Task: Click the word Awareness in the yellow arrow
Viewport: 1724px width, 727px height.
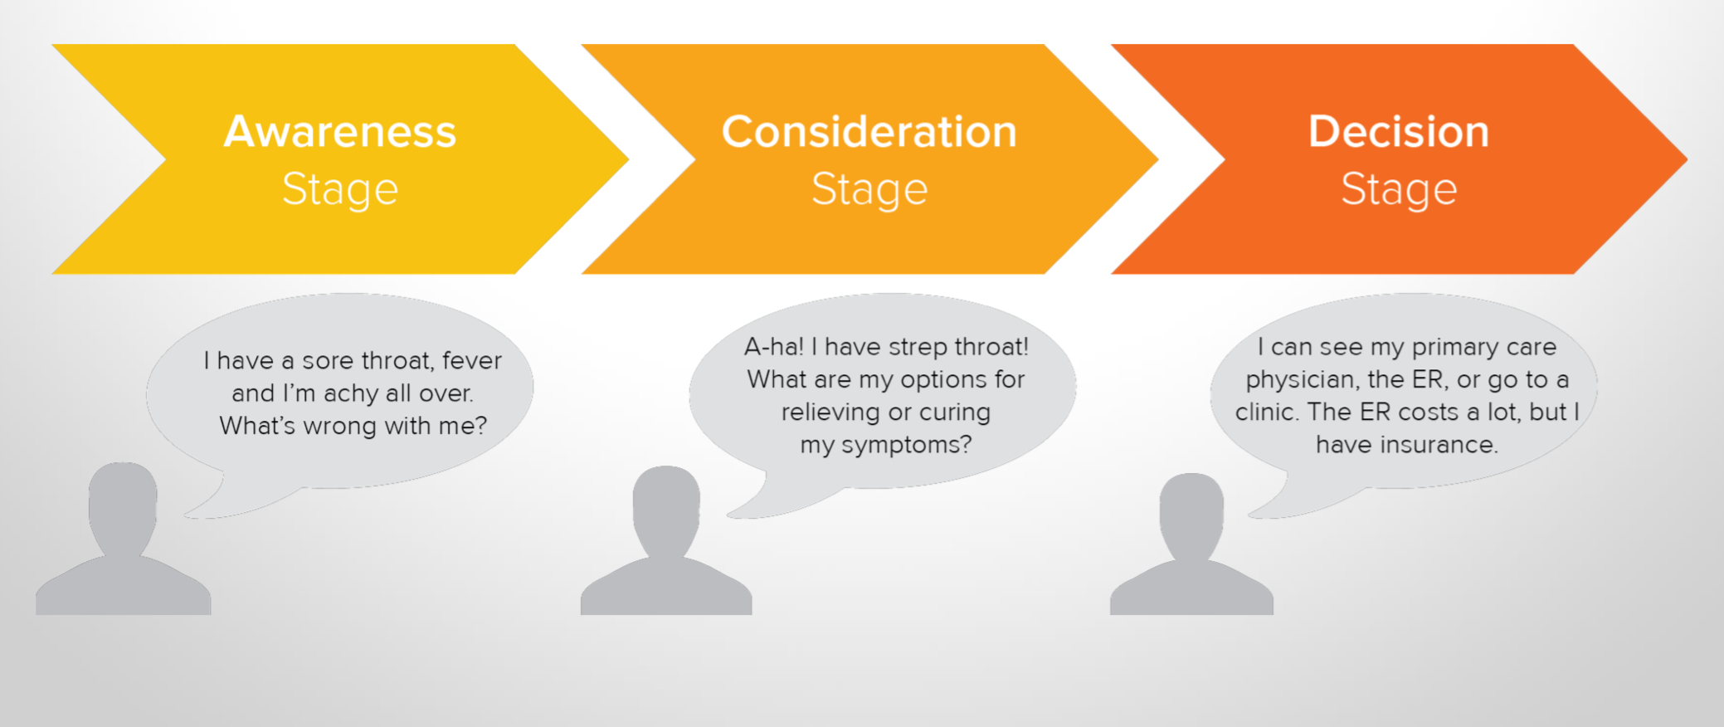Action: click(x=340, y=131)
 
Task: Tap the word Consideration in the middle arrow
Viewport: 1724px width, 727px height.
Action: click(x=869, y=131)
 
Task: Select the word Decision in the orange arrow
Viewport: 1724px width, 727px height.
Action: click(x=1399, y=131)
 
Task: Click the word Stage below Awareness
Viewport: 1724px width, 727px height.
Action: click(x=340, y=190)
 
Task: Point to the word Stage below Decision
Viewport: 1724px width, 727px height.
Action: click(x=1399, y=190)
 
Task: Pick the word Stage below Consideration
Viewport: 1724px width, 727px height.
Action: click(x=869, y=190)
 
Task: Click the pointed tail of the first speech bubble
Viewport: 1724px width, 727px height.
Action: click(x=187, y=515)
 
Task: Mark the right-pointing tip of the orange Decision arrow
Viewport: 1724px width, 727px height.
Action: click(x=1687, y=159)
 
